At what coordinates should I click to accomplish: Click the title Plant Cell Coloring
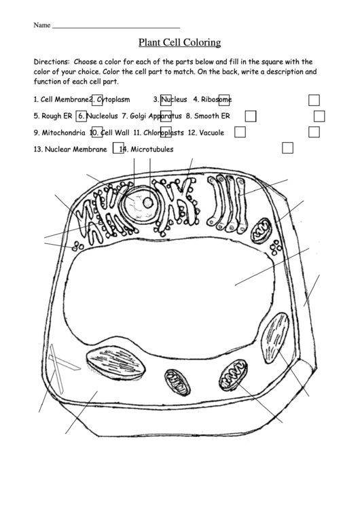coord(180,43)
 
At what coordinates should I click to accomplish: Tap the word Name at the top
coord(42,25)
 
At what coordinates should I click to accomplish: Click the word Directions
coord(51,62)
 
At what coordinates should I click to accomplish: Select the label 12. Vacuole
coord(206,133)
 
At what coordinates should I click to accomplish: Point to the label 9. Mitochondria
coord(59,133)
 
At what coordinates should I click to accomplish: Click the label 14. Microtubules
coord(146,150)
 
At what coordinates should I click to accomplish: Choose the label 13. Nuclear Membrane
coord(70,150)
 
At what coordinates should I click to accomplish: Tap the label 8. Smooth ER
coord(208,116)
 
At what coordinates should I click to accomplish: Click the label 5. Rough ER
coord(53,116)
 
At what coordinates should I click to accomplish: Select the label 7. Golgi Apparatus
coord(151,116)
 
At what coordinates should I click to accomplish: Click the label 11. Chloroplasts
coord(158,133)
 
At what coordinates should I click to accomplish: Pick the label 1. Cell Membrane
coord(61,99)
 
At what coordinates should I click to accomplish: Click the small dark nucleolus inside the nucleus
coord(149,203)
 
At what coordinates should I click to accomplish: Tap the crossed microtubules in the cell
coord(62,368)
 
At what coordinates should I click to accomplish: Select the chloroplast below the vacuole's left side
coord(115,362)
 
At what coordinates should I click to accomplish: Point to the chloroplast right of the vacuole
coord(275,338)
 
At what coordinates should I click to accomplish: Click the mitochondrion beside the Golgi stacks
coord(261,230)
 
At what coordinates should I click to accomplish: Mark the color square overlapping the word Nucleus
coord(166,100)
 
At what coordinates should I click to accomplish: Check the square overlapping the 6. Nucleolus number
coord(81,116)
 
